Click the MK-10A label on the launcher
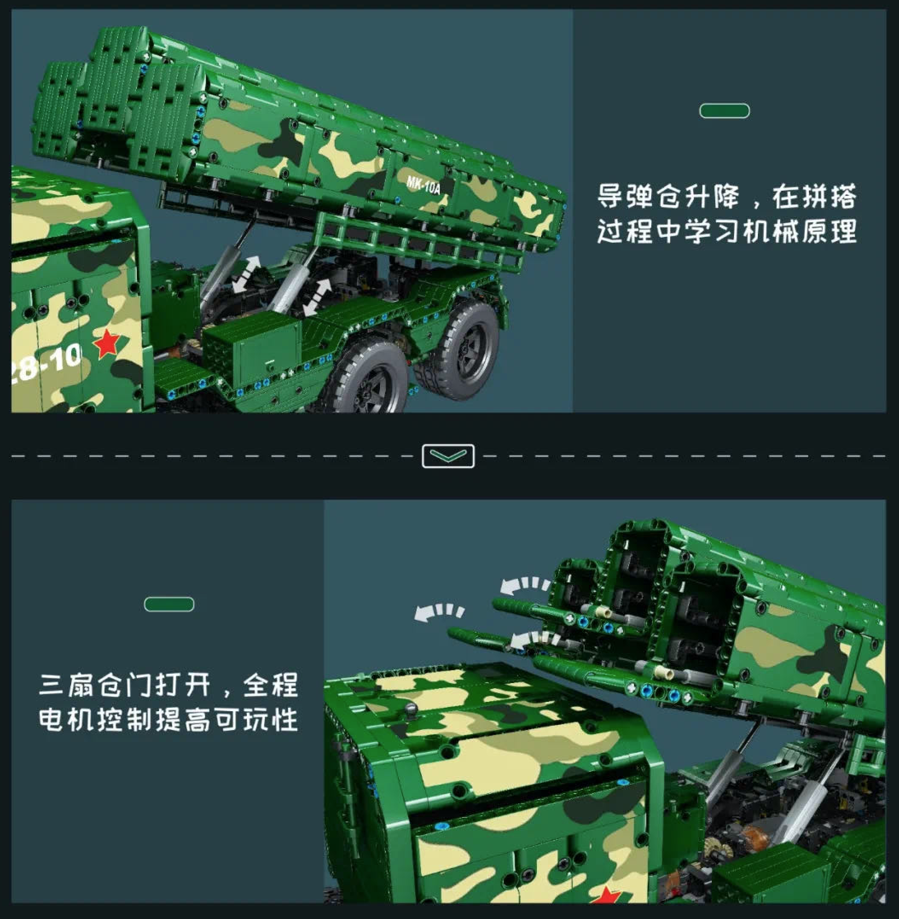423,185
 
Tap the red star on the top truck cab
107,343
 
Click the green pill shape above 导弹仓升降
724,111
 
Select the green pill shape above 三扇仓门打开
169,605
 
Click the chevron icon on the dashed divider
448,456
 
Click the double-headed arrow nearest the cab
246,273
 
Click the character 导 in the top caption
612,196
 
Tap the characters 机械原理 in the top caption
799,231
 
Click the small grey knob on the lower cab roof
410,708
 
